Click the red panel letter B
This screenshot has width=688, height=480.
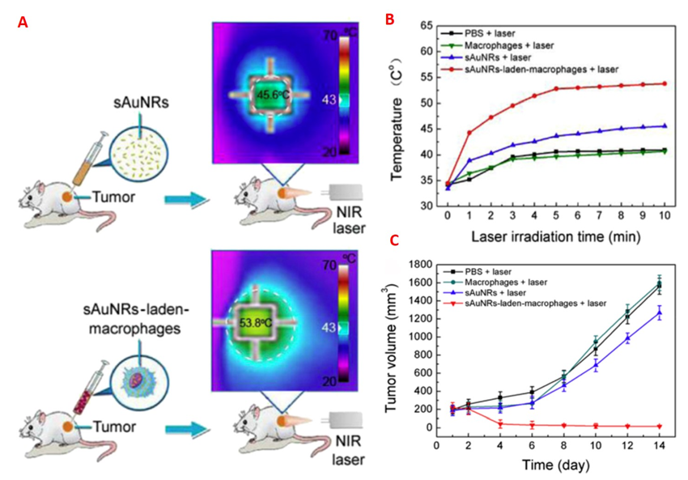tap(389, 18)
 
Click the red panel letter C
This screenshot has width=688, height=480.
tap(393, 240)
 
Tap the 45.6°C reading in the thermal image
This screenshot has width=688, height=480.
tap(274, 95)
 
